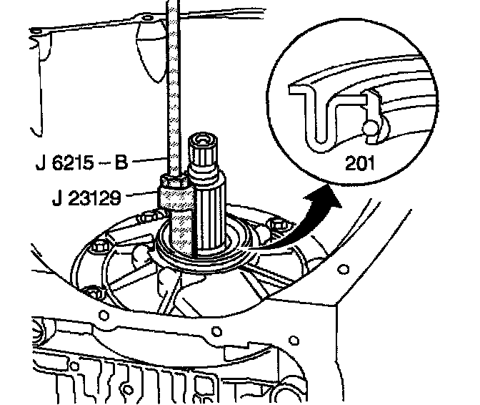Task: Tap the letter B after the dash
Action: [x=122, y=164]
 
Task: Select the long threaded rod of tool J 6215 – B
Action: [x=173, y=86]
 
